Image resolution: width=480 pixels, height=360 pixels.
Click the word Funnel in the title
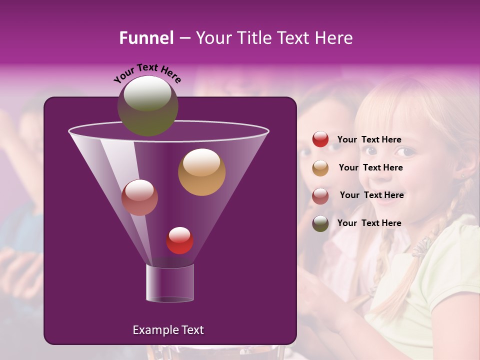146,38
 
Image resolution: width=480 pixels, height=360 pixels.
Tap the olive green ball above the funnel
147,105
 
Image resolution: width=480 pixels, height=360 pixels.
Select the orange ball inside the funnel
201,171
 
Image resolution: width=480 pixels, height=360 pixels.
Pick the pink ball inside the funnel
139,197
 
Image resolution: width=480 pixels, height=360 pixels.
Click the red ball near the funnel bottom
179,240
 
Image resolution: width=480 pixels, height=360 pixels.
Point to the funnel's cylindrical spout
169,282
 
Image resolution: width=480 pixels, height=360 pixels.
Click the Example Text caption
168,330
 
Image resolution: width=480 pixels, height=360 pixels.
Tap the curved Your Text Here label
147,73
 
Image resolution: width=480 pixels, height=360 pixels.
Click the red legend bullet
320,139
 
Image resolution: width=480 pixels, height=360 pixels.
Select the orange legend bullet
320,167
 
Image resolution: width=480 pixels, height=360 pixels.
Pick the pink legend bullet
320,195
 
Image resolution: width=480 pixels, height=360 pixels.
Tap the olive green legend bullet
320,223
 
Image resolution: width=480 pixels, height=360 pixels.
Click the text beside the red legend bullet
369,140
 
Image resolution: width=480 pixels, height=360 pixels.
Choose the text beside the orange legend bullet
370,167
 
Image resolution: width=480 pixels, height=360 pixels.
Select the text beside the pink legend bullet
371,195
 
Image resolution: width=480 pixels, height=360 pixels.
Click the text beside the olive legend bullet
369,223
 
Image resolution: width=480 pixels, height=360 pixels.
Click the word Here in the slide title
333,38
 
